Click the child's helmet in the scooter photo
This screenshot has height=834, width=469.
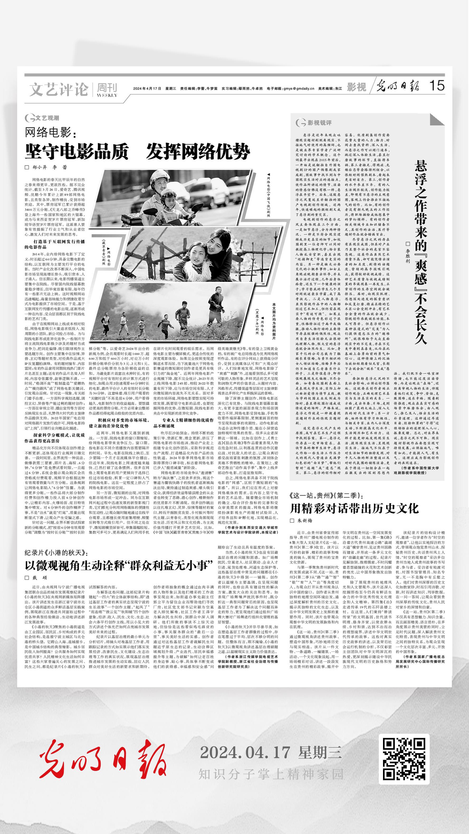tap(168, 194)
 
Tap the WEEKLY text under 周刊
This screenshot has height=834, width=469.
tap(107, 95)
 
